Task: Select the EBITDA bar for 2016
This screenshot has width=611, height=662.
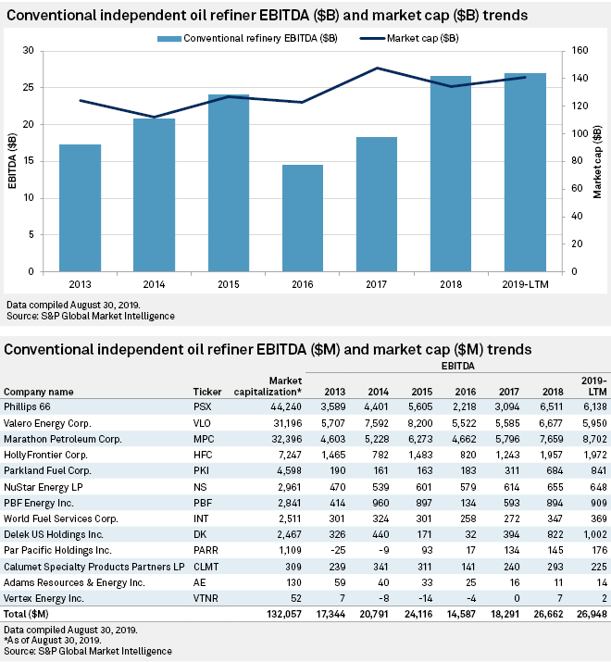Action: pos(303,218)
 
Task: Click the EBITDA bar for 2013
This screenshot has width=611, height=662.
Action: pos(80,207)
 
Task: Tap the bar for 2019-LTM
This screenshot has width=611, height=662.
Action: pos(525,172)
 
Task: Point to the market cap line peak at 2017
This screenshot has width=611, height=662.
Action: pos(377,68)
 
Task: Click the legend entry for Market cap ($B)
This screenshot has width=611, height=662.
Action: pos(409,38)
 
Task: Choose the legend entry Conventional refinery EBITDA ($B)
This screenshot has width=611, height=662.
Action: pos(247,38)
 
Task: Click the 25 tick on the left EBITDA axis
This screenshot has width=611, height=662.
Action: pos(29,87)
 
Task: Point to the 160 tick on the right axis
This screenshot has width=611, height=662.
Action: pos(580,50)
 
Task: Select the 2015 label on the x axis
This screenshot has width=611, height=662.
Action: pos(228,284)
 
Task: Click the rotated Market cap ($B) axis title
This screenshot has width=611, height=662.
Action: pos(597,161)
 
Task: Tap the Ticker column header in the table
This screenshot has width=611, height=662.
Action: pos(206,392)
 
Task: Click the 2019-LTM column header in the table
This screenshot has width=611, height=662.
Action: pos(594,386)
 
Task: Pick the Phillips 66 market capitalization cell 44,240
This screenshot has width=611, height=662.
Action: pos(286,407)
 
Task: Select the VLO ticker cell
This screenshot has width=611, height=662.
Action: pos(202,423)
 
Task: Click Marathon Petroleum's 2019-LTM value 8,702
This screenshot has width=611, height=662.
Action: pos(594,439)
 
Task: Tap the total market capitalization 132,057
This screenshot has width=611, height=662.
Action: pos(284,614)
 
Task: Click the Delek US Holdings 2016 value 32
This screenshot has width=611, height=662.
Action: pos(469,534)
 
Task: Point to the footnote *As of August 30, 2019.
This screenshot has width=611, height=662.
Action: pos(53,641)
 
